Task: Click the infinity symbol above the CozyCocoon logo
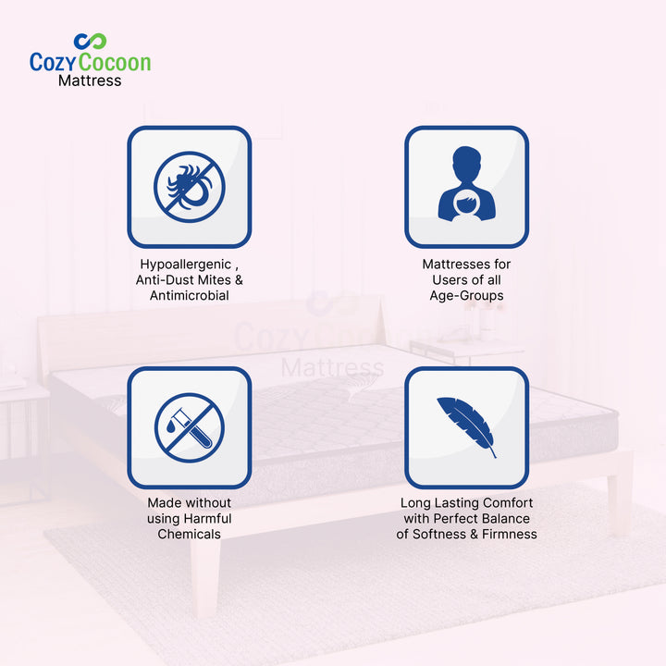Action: coord(90,42)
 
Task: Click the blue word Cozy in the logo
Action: coord(53,63)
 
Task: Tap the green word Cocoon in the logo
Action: coord(115,62)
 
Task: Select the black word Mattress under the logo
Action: coord(90,80)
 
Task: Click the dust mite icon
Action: coord(190,187)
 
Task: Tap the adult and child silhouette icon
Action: coord(466,184)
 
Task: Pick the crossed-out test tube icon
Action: coord(190,427)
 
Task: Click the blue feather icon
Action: coord(466,426)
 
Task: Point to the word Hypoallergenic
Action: coord(186,265)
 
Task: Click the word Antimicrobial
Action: coord(190,295)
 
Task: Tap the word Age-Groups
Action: coord(466,296)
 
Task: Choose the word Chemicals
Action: coord(189,534)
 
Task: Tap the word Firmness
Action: coord(510,534)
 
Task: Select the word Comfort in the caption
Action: coord(508,503)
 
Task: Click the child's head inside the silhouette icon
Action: coord(466,203)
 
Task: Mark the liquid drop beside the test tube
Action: coord(170,426)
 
